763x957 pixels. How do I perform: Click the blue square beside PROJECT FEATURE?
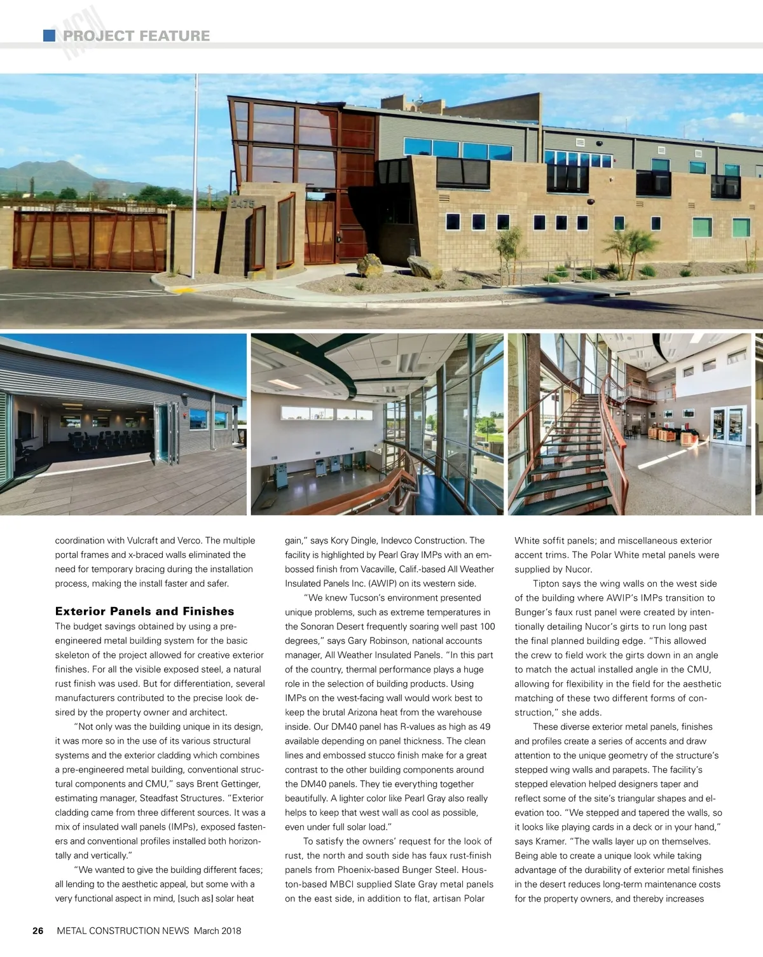49,36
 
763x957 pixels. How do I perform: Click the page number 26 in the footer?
38,930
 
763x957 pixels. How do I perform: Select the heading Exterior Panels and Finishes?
144,611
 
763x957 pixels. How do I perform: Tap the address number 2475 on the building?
242,204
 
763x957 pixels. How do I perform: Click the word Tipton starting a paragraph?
546,583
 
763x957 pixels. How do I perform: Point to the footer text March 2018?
217,930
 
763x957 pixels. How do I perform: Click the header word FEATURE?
174,36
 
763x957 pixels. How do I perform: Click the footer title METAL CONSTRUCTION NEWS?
123,930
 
